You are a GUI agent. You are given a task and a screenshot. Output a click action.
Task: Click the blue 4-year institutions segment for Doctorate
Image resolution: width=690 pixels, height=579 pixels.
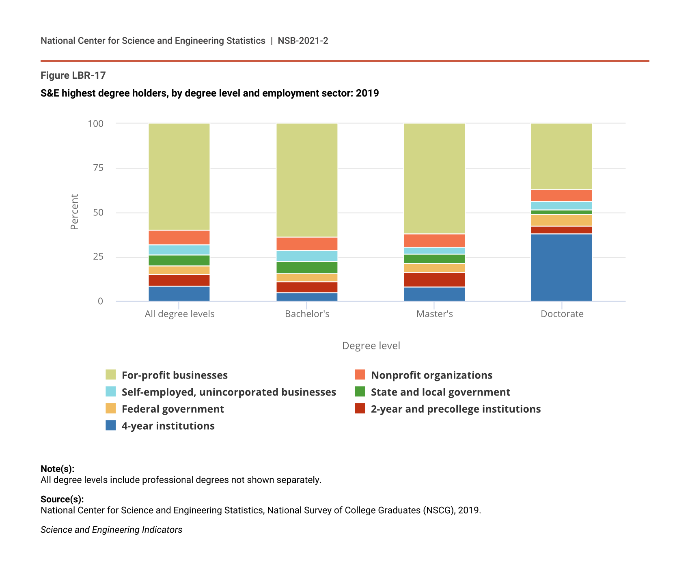pyautogui.click(x=561, y=267)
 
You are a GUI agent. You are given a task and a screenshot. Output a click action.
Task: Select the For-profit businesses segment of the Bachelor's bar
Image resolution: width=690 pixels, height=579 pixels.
pyautogui.click(x=307, y=180)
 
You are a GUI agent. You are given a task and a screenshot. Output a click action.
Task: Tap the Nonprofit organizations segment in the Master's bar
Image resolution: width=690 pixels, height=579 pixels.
pyautogui.click(x=434, y=241)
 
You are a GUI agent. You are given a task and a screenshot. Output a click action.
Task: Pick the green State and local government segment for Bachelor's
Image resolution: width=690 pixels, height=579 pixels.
pyautogui.click(x=307, y=267)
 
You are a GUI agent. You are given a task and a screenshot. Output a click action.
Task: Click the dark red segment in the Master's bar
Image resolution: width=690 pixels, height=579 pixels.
pyautogui.click(x=434, y=280)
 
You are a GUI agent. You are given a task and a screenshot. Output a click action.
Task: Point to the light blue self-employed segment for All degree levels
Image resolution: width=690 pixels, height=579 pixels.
pyautogui.click(x=179, y=250)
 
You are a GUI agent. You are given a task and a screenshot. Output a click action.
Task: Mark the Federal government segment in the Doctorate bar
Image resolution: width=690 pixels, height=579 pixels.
pyautogui.click(x=561, y=220)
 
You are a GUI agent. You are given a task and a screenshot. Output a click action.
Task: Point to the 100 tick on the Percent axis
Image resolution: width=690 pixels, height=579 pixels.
pyautogui.click(x=96, y=123)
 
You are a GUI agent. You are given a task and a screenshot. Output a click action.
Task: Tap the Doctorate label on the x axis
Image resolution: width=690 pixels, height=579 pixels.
pyautogui.click(x=562, y=314)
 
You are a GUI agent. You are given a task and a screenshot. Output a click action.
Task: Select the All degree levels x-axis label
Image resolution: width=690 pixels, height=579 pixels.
pyautogui.click(x=179, y=314)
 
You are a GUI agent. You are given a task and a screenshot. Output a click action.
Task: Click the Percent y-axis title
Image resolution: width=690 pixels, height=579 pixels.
pyautogui.click(x=74, y=212)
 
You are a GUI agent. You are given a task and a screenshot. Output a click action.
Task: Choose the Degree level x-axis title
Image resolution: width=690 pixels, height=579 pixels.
pyautogui.click(x=371, y=346)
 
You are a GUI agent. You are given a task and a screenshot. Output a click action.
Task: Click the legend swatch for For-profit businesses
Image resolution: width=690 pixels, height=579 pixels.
pyautogui.click(x=111, y=375)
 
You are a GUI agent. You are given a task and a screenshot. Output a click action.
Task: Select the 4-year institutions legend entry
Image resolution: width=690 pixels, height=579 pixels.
pyautogui.click(x=168, y=426)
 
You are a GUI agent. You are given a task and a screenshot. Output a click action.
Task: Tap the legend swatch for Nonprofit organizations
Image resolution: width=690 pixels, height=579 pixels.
pyautogui.click(x=360, y=375)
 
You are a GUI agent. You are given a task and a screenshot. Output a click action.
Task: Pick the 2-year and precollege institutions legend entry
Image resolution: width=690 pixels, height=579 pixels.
pyautogui.click(x=455, y=409)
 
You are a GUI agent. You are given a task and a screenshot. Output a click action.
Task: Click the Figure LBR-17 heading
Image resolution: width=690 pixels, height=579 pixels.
pyautogui.click(x=73, y=75)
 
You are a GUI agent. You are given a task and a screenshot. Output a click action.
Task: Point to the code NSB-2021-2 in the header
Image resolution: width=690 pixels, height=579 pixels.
pyautogui.click(x=303, y=41)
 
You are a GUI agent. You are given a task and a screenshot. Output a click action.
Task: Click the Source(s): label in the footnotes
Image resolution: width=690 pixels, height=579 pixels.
pyautogui.click(x=62, y=499)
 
